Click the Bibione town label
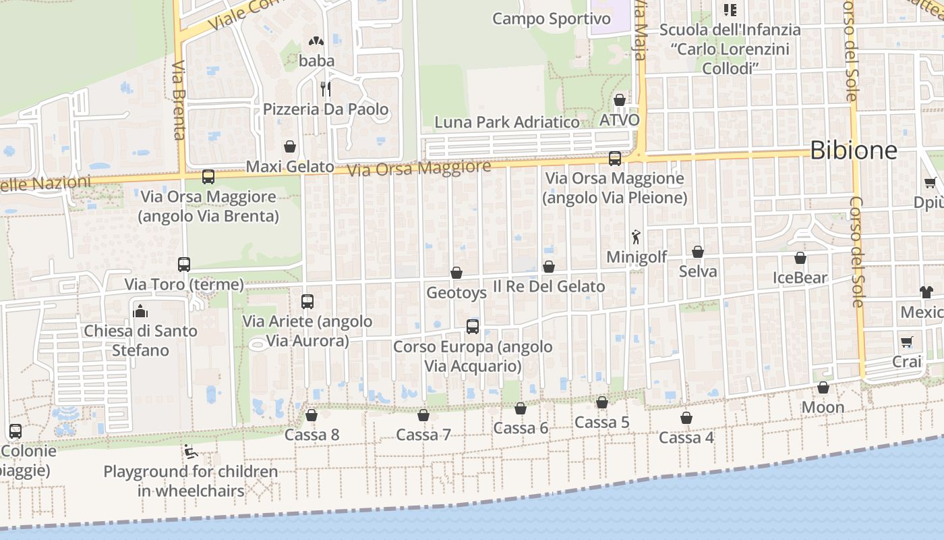coord(853,150)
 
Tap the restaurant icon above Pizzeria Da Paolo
coord(325,88)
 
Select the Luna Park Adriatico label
coord(507,122)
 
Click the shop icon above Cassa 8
coord(312,414)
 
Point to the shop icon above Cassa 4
coord(686,418)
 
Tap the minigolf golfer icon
coord(636,237)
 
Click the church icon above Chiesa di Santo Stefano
coord(141,311)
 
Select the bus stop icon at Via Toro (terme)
coord(184,264)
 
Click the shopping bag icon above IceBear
coord(800,258)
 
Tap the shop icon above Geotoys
coord(456,273)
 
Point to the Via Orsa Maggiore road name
coord(419,168)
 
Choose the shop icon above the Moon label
coord(823,387)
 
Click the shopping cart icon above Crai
coord(906,342)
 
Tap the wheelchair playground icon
coord(191,452)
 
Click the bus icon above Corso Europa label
coord(473,327)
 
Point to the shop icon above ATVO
coord(620,100)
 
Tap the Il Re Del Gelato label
coord(549,286)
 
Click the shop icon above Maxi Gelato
coord(290,146)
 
